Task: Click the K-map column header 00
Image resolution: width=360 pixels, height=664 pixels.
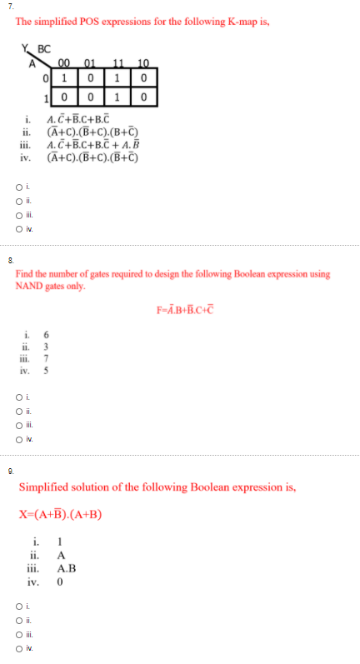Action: (x=65, y=60)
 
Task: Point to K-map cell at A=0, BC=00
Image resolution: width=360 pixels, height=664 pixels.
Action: (x=65, y=77)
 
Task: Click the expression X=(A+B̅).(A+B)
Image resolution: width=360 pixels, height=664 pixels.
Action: (x=60, y=514)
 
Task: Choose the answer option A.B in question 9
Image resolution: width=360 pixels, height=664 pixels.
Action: (x=67, y=569)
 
